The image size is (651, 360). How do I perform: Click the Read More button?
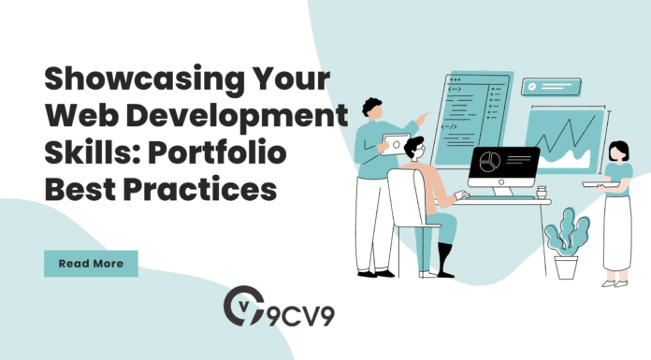[91, 264]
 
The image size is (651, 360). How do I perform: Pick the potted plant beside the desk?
[567, 242]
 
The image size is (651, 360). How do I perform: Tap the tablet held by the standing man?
[396, 146]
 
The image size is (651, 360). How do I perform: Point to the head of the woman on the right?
[618, 151]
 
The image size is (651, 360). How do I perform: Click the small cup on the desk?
[541, 193]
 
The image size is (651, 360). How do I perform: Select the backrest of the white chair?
[403, 202]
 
